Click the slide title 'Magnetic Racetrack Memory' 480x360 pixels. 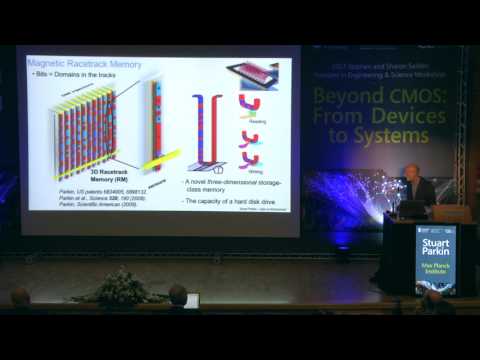point(84,64)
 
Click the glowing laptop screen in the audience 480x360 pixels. point(191,300)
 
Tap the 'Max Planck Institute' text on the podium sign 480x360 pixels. point(436,273)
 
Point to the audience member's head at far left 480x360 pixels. point(20,297)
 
